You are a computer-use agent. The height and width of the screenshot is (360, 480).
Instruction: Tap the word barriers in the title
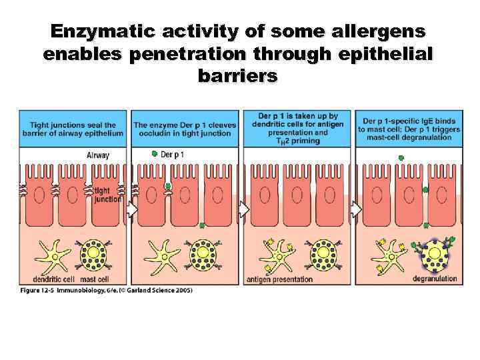[x=238, y=75]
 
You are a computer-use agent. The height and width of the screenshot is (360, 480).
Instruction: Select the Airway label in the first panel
[x=98, y=155]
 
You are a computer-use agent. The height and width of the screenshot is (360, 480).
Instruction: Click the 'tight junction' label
[x=107, y=194]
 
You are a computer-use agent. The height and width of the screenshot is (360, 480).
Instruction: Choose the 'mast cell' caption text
[x=95, y=279]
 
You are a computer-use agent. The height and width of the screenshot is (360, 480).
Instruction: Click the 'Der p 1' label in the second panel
[x=172, y=155]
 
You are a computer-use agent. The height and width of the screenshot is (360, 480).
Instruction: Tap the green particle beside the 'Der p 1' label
[x=155, y=154]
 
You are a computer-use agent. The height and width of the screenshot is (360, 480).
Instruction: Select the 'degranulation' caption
[x=435, y=279]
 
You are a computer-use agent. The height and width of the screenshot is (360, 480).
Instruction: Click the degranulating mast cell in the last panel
[x=433, y=254]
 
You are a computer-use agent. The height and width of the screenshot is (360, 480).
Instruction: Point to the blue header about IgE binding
[x=409, y=129]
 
